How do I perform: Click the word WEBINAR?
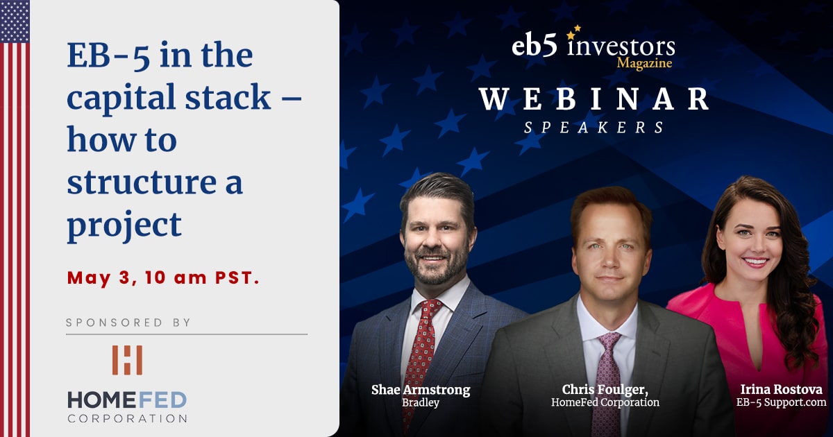pyautogui.click(x=594, y=99)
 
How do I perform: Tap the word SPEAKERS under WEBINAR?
pyautogui.click(x=594, y=128)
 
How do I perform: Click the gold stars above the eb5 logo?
pyautogui.click(x=573, y=32)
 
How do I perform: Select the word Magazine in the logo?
pyautogui.click(x=644, y=63)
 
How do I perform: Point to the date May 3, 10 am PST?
pyautogui.click(x=163, y=277)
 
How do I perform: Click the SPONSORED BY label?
pyautogui.click(x=128, y=322)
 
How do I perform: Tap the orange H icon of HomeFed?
pyautogui.click(x=127, y=360)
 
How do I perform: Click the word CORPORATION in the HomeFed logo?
pyautogui.click(x=127, y=418)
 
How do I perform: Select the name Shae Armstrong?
pyautogui.click(x=421, y=390)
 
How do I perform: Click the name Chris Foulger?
pyautogui.click(x=605, y=389)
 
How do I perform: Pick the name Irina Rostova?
pyautogui.click(x=782, y=389)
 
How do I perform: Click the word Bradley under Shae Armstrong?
pyautogui.click(x=421, y=402)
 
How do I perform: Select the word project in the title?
pyautogui.click(x=124, y=226)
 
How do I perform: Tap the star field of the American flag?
pyautogui.click(x=15, y=22)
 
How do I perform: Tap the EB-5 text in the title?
pyautogui.click(x=108, y=55)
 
